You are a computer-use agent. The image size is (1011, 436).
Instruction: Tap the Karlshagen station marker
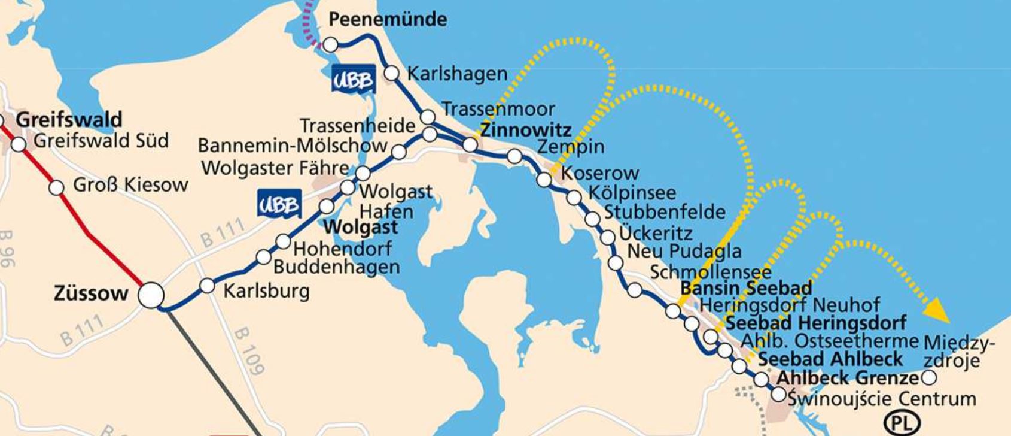[x=391, y=73]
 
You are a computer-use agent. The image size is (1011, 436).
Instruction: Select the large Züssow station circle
[x=151, y=295]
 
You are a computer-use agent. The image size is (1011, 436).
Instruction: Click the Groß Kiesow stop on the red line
[x=56, y=187]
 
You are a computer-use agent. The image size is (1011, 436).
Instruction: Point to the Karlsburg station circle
[x=207, y=286]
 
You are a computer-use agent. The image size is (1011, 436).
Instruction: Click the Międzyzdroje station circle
[x=929, y=378]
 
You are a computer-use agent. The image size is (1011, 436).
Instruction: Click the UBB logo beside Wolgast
[x=279, y=204]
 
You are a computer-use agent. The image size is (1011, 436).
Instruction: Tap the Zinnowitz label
[x=526, y=130]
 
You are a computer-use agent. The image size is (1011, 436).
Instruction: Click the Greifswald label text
[x=69, y=119]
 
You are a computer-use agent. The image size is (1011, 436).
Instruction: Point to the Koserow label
[x=601, y=174]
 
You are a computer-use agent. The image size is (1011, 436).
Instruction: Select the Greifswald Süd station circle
[x=19, y=144]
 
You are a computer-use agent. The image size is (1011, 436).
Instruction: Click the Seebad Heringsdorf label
[x=815, y=323]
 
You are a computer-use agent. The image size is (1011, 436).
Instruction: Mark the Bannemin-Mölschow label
[x=293, y=146]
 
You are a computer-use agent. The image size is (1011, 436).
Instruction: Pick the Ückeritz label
[x=656, y=232]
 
